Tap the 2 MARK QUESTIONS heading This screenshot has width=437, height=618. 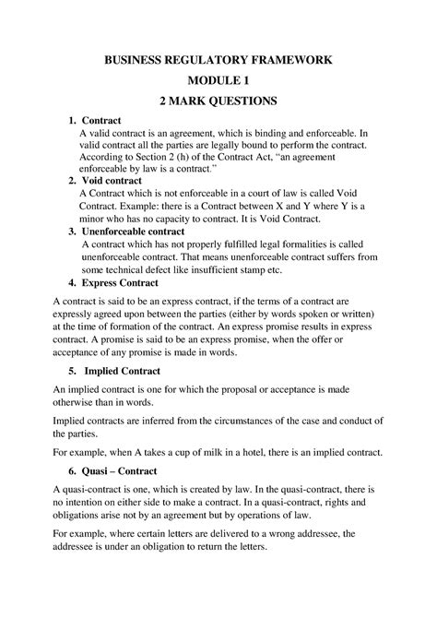218,100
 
